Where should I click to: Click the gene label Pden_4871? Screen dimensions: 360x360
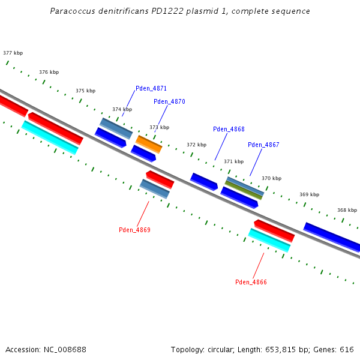(151, 88)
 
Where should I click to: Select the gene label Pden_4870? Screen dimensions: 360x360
(169, 101)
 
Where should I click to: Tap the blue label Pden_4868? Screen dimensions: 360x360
(229, 129)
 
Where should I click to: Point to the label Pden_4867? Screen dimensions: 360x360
(263, 145)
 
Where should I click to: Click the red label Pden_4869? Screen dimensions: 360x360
(134, 230)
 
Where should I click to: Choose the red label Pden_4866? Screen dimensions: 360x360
(251, 282)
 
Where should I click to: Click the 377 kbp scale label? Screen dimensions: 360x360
(13, 53)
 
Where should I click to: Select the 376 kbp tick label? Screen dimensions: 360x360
(49, 72)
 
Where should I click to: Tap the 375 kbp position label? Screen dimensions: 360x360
(86, 91)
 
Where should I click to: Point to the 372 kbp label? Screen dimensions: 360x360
(197, 145)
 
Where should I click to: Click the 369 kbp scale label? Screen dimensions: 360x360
(309, 194)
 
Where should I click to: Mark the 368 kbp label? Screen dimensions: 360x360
(347, 210)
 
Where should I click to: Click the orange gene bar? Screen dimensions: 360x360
(149, 144)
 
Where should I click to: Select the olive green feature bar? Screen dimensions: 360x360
(244, 190)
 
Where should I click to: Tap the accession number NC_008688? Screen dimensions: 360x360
(65, 350)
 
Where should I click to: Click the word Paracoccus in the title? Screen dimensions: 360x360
(73, 11)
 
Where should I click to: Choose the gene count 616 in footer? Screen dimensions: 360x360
(347, 350)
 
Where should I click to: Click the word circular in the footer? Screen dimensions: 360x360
(221, 350)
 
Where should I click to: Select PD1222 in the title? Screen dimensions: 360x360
(167, 11)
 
